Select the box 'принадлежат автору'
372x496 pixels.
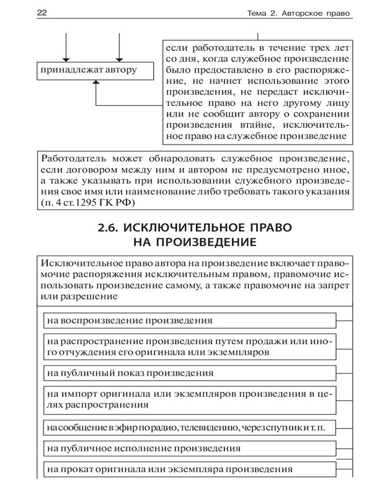pos(87,70)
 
